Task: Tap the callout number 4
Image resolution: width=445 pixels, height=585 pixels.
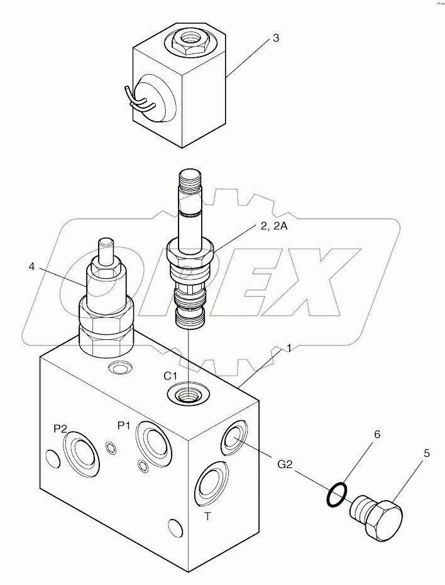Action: (31, 266)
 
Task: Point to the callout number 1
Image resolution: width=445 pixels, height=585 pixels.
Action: (288, 347)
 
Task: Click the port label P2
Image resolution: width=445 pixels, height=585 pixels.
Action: (60, 429)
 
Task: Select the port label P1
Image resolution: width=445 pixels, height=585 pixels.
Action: (124, 425)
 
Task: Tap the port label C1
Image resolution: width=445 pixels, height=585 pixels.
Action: (172, 376)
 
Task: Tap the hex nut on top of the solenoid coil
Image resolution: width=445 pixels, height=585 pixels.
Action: (190, 42)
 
